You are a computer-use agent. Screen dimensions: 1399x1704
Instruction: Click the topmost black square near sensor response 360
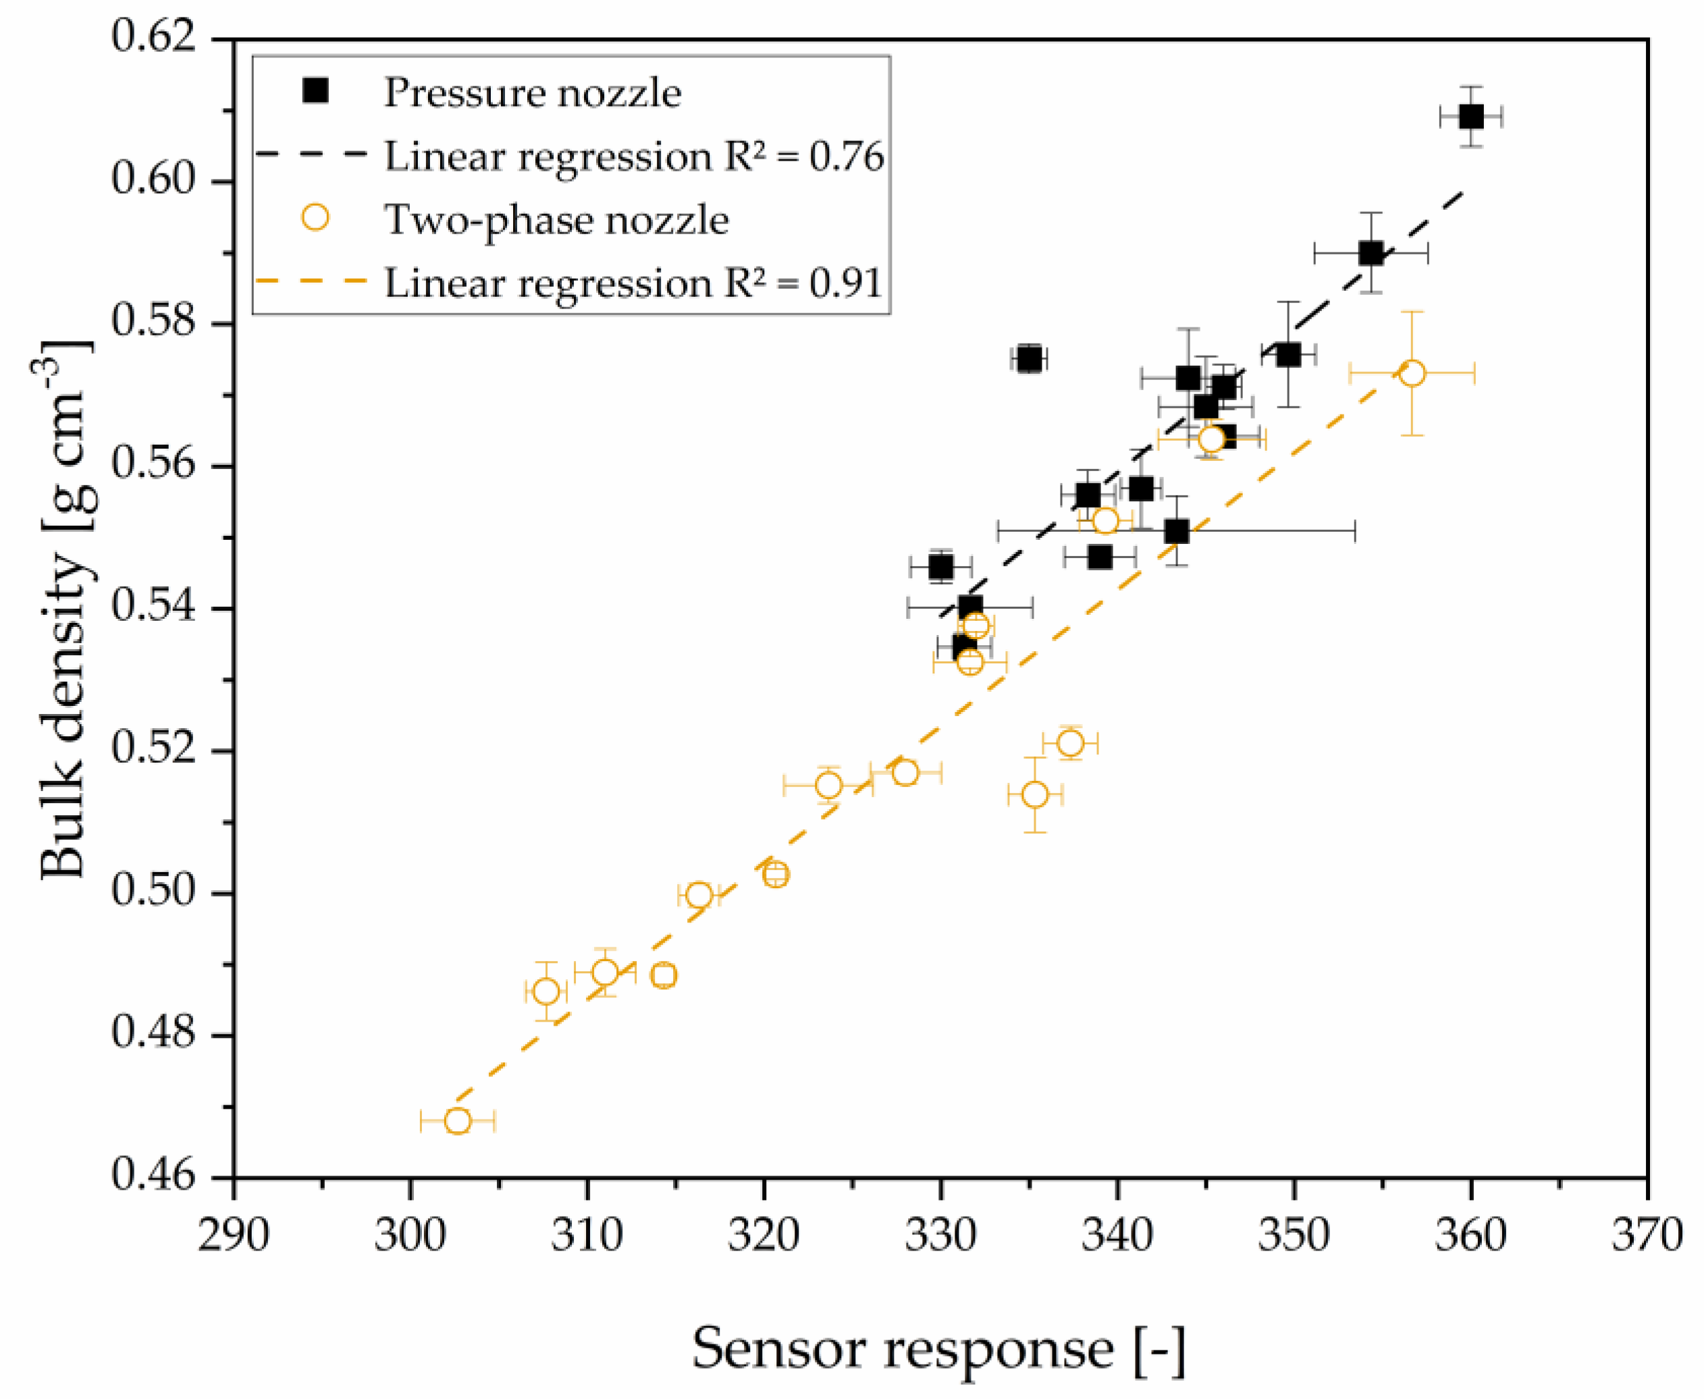click(x=1471, y=117)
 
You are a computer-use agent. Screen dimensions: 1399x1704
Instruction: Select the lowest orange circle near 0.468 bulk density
click(x=457, y=1121)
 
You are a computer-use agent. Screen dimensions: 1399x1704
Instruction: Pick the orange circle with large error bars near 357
click(x=1412, y=373)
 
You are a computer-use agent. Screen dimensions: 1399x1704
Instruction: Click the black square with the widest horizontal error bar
click(x=1177, y=531)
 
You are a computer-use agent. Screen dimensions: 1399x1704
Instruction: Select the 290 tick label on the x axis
click(x=234, y=1234)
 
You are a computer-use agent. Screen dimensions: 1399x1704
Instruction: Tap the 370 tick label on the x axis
click(x=1647, y=1234)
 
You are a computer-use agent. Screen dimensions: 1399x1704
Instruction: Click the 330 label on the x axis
click(x=940, y=1234)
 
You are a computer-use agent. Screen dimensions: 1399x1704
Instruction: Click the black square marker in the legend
click(x=315, y=92)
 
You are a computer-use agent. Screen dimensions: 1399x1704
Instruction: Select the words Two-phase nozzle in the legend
click(x=556, y=219)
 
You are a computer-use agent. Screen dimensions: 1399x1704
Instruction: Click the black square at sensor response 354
click(x=1371, y=253)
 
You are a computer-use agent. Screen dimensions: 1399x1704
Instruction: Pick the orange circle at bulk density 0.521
click(x=1071, y=743)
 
